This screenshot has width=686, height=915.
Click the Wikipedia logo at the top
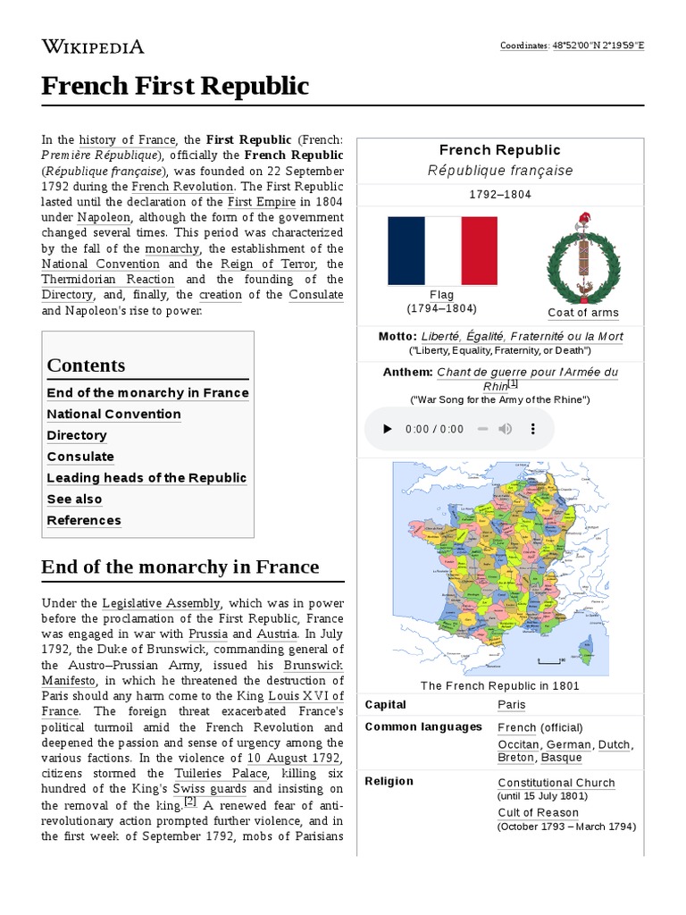click(93, 46)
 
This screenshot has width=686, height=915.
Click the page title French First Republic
click(175, 86)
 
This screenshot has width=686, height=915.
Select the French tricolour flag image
click(442, 251)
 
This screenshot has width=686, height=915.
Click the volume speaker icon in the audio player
click(505, 429)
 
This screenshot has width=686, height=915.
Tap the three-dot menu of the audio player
click(533, 429)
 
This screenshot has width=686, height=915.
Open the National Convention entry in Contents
click(113, 415)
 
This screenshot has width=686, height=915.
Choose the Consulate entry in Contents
click(80, 457)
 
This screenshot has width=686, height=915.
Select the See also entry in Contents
click(74, 499)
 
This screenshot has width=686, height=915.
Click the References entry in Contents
click(84, 521)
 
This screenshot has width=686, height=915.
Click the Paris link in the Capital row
click(512, 705)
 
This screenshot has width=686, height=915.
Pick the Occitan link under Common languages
click(518, 744)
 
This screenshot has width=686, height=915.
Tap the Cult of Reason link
click(538, 812)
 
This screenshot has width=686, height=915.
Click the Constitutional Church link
click(556, 783)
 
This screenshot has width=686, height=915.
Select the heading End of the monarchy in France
click(180, 567)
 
